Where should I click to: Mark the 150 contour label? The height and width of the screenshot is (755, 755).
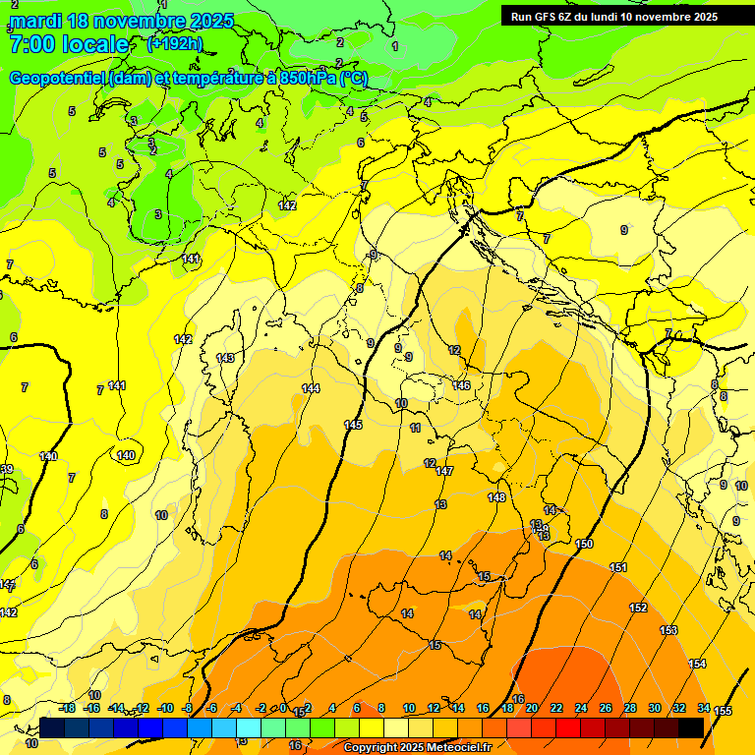[584, 544]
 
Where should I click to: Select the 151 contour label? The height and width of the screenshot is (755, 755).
[618, 568]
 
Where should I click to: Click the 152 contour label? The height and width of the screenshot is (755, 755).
[638, 608]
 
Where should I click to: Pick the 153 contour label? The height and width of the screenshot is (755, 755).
[668, 630]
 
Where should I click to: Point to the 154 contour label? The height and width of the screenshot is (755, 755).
[697, 665]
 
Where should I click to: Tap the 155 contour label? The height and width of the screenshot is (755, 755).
[723, 711]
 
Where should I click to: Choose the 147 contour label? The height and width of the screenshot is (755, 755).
[444, 472]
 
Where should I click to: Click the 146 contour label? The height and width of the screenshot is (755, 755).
[461, 385]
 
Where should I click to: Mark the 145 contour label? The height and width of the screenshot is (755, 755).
[353, 425]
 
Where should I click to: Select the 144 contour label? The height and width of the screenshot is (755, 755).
[311, 389]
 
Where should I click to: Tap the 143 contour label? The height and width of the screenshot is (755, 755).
[225, 359]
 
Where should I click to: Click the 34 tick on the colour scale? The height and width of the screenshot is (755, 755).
[704, 708]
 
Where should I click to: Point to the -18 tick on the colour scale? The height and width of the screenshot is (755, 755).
[68, 708]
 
